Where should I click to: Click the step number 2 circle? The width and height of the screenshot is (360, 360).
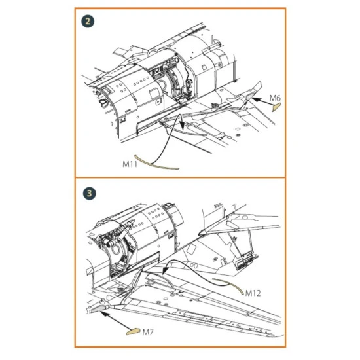88,22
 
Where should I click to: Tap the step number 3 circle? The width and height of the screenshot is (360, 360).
89,193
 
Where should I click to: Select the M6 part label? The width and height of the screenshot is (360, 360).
275,98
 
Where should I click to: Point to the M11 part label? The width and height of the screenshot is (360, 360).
130,164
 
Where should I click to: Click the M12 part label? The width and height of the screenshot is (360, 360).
253,293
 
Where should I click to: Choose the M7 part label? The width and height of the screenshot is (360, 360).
148,332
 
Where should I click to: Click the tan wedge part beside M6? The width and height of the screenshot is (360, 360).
276,107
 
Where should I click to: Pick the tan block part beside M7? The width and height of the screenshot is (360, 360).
133,332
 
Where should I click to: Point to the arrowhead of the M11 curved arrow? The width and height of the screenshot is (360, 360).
182,126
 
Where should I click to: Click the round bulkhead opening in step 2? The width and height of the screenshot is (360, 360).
162,85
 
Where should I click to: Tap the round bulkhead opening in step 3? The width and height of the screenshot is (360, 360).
117,249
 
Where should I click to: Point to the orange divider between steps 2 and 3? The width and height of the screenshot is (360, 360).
180,177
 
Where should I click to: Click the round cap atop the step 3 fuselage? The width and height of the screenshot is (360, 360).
168,204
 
